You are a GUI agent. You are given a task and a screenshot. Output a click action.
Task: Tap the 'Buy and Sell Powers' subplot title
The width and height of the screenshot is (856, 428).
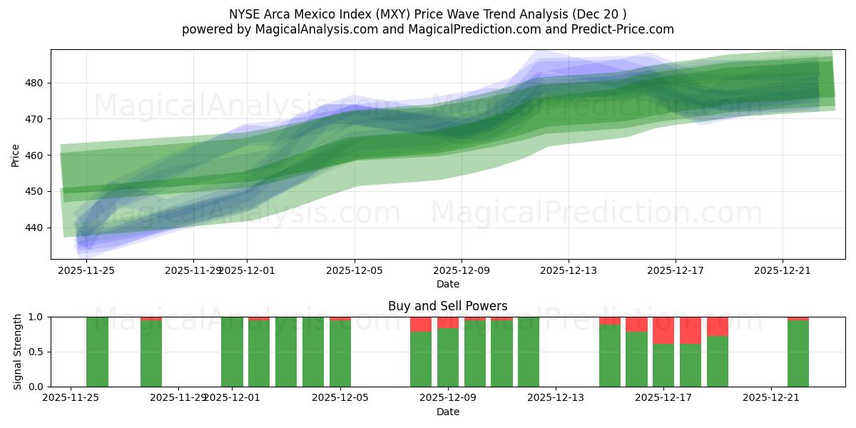coord(447,306)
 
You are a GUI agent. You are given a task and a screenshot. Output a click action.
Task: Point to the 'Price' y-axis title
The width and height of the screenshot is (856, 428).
coord(16,155)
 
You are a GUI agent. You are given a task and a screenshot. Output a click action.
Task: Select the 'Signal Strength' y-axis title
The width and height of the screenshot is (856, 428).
coord(18,352)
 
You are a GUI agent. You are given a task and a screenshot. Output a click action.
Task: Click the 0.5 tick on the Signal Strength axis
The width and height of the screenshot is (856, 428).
coord(36,352)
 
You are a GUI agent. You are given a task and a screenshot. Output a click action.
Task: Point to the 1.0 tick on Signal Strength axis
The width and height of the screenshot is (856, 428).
coord(36,317)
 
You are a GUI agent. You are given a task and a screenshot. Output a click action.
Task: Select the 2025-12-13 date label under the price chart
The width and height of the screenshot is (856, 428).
coord(569,270)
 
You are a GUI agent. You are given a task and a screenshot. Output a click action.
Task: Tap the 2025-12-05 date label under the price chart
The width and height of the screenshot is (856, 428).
coord(355,270)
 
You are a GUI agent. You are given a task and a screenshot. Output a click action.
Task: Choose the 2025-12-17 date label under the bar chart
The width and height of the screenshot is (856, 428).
coord(663,398)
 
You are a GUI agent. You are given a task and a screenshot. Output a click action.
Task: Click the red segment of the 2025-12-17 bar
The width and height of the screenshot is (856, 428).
coord(663,330)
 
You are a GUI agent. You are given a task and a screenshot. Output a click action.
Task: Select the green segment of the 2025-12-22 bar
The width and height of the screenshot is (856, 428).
coord(798,354)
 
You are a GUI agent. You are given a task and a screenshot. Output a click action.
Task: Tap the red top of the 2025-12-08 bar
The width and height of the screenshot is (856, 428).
coord(421,324)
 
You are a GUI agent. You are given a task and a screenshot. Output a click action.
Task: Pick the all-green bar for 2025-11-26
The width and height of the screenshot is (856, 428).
coord(97,352)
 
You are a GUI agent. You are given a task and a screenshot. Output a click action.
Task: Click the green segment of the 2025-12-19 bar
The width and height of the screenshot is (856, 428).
coord(718,362)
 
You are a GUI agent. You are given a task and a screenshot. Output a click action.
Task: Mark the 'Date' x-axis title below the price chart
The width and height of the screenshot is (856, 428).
coord(447,284)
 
